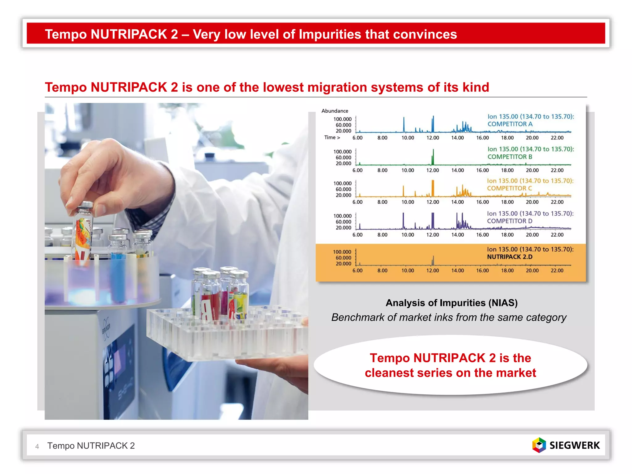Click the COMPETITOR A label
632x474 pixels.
(510, 124)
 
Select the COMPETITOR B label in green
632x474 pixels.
(510, 157)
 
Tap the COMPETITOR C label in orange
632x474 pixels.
(509, 188)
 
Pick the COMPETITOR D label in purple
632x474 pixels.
(509, 221)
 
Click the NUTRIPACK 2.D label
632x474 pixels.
(509, 257)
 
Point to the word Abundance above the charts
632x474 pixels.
(335, 111)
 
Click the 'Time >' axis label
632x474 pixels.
(332, 137)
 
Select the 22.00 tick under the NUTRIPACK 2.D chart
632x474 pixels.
(557, 271)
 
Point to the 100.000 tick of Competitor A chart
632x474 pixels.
(342, 119)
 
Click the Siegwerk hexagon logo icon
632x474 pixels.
(539, 445)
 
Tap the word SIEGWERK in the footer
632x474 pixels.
(575, 445)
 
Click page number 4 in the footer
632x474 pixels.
(37, 446)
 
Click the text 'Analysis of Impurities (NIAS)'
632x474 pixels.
(451, 303)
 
